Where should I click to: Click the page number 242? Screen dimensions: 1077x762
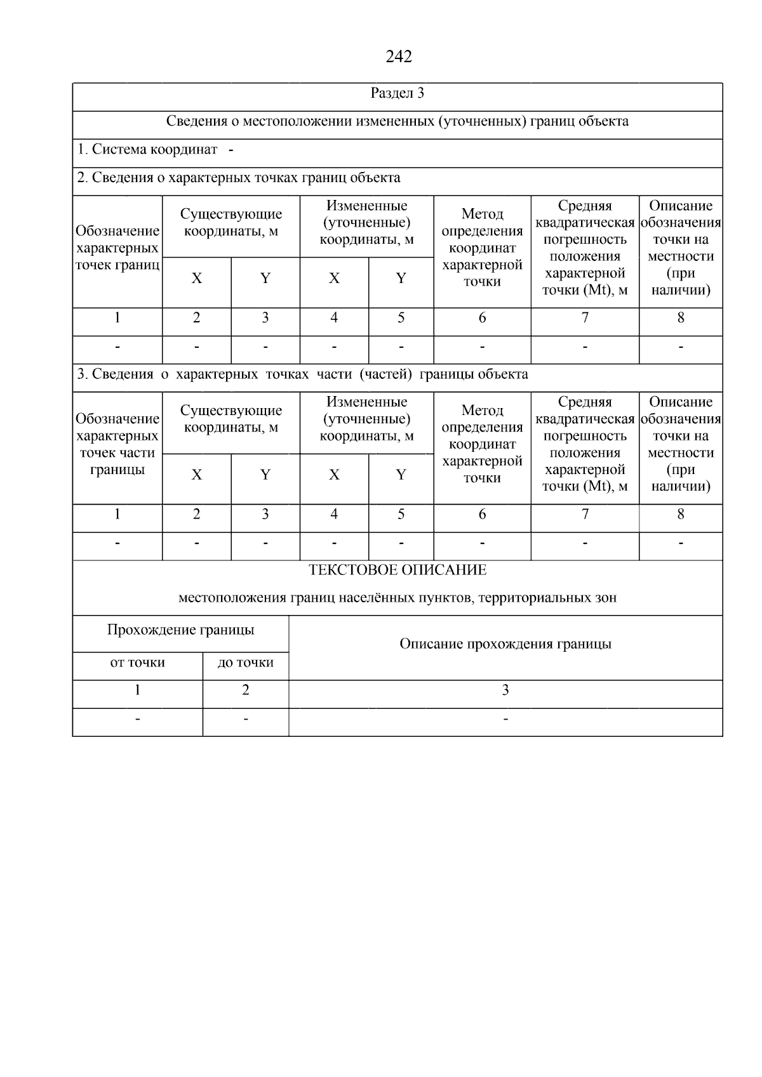point(398,56)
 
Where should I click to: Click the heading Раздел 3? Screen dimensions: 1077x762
point(398,93)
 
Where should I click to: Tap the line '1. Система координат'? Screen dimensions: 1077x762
point(147,150)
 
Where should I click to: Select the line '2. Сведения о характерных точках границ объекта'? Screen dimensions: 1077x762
point(239,178)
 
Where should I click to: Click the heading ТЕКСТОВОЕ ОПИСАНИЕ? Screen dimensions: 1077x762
point(398,570)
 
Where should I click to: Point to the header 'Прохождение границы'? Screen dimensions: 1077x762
point(180,630)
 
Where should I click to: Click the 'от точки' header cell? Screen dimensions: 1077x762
point(137,663)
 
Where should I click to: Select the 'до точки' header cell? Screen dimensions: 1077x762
point(246,663)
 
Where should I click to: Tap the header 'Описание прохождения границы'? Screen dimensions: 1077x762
point(505,644)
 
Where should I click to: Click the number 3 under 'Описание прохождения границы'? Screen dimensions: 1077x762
point(505,690)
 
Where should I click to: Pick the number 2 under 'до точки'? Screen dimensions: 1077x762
point(246,690)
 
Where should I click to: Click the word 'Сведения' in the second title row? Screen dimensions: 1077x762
point(194,121)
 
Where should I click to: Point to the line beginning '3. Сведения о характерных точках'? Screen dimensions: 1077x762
point(302,374)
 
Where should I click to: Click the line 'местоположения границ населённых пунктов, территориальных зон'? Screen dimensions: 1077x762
point(398,598)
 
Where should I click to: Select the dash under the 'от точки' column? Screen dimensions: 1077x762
point(137,719)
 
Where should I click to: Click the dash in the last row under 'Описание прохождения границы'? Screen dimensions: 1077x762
point(505,719)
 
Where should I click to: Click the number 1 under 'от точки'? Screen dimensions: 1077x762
point(137,690)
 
